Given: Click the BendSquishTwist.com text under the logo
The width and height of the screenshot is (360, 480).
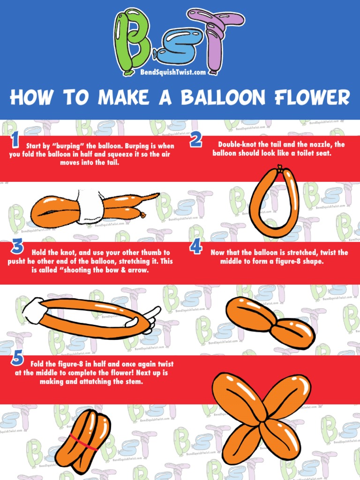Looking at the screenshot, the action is [x=172, y=73].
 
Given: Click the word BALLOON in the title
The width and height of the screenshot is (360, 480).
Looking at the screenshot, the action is [x=223, y=97].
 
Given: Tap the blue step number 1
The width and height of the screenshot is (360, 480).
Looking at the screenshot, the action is [x=15, y=140].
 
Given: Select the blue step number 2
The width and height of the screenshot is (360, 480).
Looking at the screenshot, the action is [x=196, y=140].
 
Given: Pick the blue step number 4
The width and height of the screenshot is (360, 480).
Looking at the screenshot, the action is [x=195, y=247].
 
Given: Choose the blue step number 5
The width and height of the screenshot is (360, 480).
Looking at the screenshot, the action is [x=17, y=359].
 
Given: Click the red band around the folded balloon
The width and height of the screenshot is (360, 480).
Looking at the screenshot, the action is [x=82, y=442].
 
